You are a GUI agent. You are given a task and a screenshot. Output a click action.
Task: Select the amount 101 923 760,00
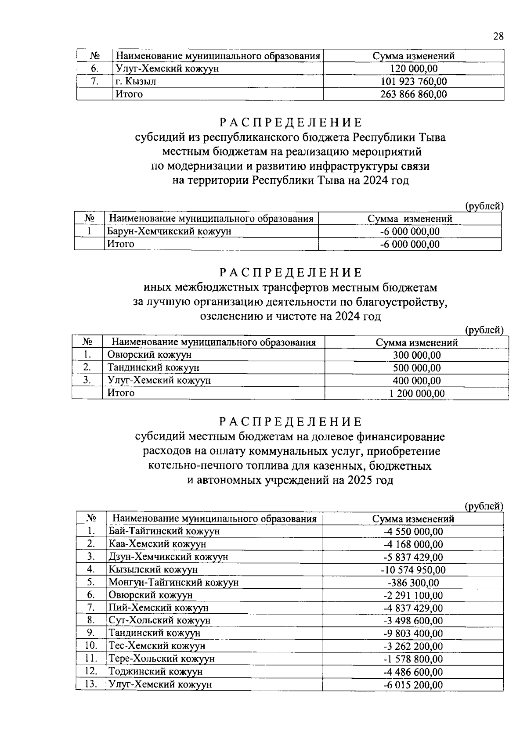tap(413, 81)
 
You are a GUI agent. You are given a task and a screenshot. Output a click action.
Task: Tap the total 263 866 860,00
tap(413, 94)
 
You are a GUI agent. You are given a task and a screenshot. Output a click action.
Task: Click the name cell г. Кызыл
tap(136, 81)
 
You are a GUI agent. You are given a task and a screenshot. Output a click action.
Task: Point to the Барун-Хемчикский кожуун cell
tap(170, 231)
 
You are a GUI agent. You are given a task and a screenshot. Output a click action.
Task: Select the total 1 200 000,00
tap(417, 393)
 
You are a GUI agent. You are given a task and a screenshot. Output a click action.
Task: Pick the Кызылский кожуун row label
tap(153, 570)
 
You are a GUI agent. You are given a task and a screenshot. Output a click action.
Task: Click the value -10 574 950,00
tap(413, 570)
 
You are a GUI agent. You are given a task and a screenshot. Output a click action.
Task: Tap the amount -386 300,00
tap(413, 583)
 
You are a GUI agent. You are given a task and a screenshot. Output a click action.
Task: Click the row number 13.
tap(90, 684)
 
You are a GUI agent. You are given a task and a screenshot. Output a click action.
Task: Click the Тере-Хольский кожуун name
tap(162, 659)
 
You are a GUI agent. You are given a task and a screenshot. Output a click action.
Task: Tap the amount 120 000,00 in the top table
tap(414, 68)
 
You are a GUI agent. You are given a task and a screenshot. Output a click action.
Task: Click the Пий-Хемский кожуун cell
tap(159, 608)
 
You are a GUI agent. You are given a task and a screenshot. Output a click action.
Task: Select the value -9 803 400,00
tap(413, 633)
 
